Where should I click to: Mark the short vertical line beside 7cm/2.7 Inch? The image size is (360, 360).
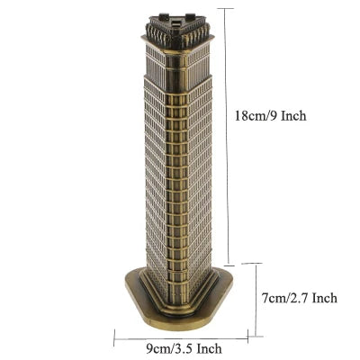pos(258,297)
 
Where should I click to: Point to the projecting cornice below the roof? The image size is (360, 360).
pos(176,45)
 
